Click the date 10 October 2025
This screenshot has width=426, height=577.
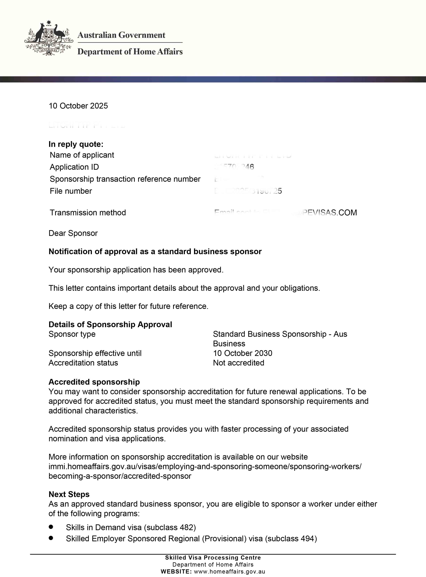click(78, 106)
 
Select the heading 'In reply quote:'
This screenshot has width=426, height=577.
click(76, 144)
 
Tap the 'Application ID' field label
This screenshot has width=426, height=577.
click(74, 167)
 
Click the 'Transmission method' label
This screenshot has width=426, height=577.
click(88, 213)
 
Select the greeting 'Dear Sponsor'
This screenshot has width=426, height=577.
click(73, 233)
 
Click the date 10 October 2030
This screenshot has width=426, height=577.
click(242, 353)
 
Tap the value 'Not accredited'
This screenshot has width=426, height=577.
click(239, 363)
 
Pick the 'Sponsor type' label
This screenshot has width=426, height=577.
click(72, 334)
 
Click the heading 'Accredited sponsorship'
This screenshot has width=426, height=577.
click(94, 382)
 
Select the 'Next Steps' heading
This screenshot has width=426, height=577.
click(69, 494)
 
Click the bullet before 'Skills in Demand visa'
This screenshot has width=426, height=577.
click(51, 526)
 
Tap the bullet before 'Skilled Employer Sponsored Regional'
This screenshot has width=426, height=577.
click(51, 538)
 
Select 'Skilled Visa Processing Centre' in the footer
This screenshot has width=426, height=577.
click(213, 558)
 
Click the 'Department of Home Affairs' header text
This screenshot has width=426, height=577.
click(130, 52)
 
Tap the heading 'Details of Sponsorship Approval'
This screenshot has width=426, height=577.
click(110, 325)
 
